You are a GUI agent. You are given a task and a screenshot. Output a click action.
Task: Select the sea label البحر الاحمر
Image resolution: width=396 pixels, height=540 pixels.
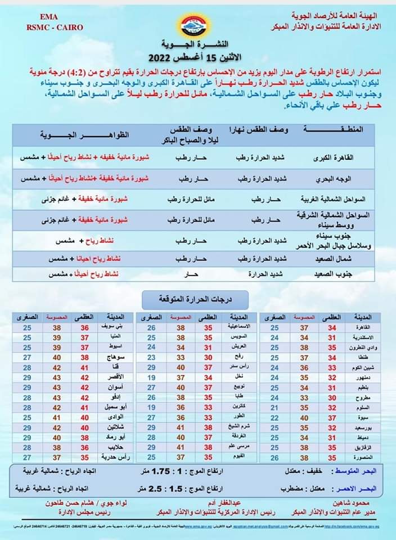pyautogui.click(x=363, y=489)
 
